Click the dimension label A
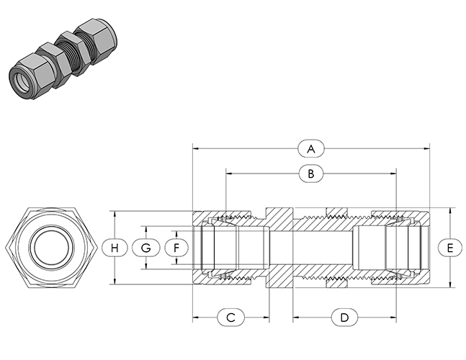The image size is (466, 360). coord(311,148)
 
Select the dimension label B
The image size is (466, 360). coord(311,174)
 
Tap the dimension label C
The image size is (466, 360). coord(231,318)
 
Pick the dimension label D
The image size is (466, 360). coord(344,318)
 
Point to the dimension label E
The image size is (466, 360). coord(450,248)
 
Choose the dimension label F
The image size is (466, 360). coord(176,248)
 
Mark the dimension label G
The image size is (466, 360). coord(145,248)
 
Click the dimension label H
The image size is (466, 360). coord(115,248)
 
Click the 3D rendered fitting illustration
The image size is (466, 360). coord(63,58)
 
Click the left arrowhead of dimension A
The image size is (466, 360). coord(196,148)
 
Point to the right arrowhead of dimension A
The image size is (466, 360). coord(427,148)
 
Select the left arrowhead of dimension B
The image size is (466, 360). coord(229,173)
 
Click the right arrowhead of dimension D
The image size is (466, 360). coord(393,318)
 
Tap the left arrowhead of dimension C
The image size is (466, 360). coord(196,318)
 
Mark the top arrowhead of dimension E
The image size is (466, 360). coord(450,211)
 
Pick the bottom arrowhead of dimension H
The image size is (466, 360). coord(115,281)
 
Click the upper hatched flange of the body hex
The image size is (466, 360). coord(279,218)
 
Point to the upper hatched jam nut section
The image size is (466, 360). coord(337,212)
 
